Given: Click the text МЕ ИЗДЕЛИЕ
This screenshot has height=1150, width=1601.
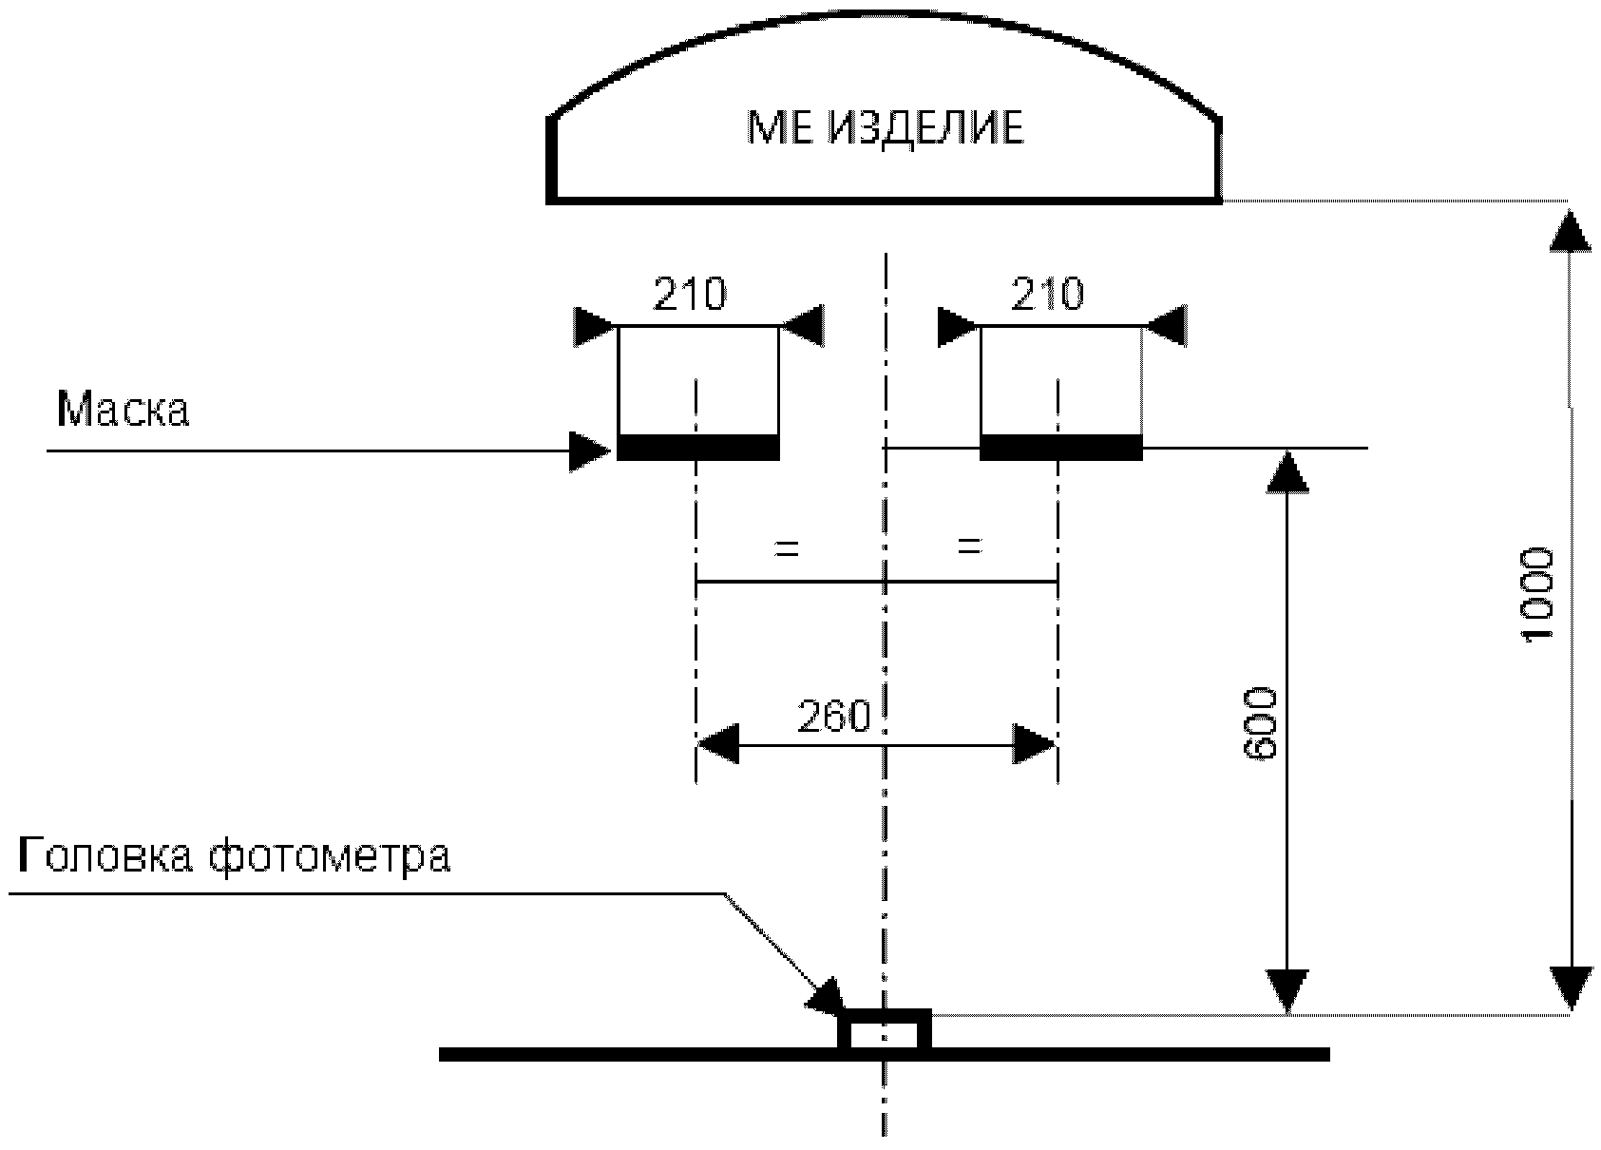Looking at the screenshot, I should pos(885,127).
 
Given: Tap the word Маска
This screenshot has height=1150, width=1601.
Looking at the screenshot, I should pos(124,410).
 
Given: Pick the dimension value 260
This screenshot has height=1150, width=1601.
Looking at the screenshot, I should pos(833,718).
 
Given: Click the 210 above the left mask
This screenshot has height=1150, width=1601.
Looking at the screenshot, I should pos(689,295).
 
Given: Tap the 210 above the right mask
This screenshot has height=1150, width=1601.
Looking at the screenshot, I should pos(1047,295).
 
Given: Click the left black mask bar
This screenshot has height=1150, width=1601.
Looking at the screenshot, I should pos(698,447).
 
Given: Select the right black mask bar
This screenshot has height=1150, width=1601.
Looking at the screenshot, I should pos(1060,447).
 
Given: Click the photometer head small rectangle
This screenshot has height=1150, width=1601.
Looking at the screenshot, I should pos(884,1030).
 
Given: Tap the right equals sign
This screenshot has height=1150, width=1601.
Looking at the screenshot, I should pos(968,546).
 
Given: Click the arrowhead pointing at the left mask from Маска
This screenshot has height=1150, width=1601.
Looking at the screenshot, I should pos(589,450).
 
